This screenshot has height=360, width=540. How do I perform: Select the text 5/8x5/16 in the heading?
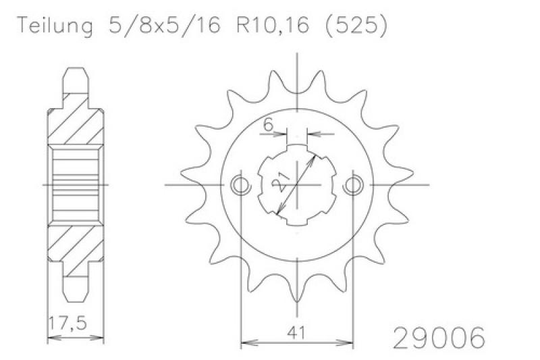tap(164, 26)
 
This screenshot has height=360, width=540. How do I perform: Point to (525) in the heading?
tap(356, 26)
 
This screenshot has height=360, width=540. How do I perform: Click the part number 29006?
tap(439, 338)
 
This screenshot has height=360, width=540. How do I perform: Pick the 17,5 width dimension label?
tap(67, 324)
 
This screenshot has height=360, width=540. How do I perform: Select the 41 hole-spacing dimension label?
tap(296, 333)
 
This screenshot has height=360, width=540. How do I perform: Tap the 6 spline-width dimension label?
tap(268, 125)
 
